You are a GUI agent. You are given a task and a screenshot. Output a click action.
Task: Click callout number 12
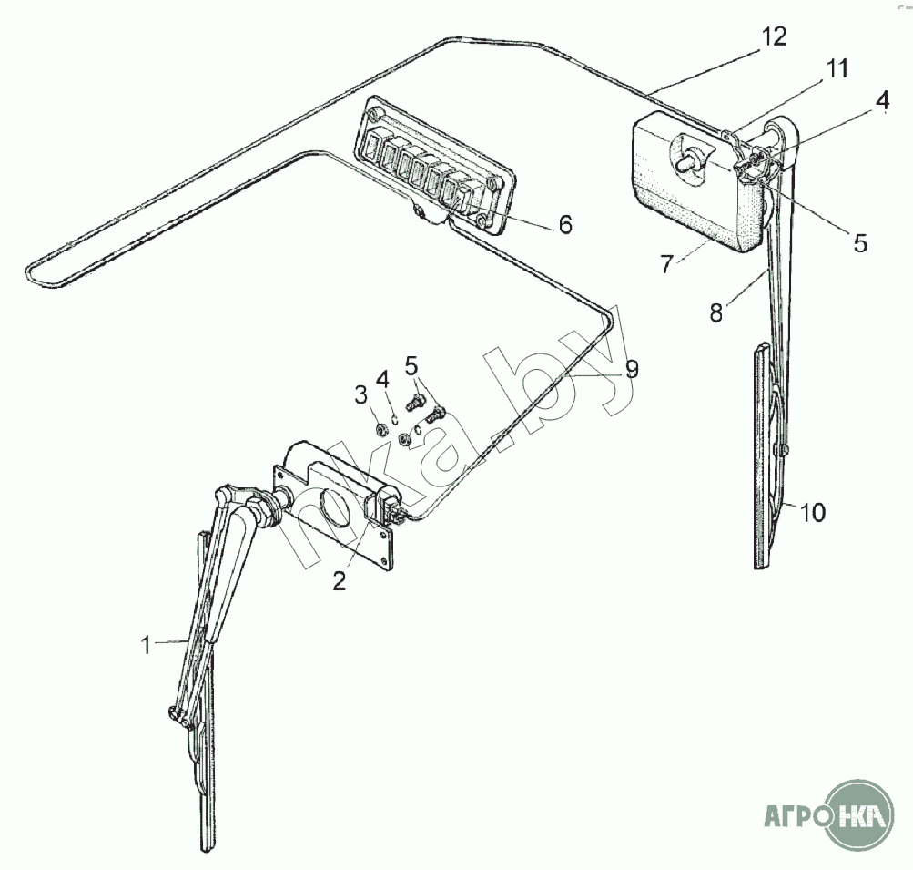pyautogui.click(x=773, y=37)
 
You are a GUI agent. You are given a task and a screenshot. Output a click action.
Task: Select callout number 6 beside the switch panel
pyautogui.click(x=564, y=224)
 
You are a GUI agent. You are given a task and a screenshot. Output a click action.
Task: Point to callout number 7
pyautogui.click(x=667, y=264)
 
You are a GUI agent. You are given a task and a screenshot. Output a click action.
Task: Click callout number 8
pyautogui.click(x=716, y=313)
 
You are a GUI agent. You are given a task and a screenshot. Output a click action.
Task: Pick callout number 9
pyautogui.click(x=631, y=369)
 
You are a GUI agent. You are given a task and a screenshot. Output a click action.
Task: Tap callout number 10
pyautogui.click(x=812, y=513)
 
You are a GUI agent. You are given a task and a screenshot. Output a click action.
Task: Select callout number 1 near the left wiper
pyautogui.click(x=147, y=645)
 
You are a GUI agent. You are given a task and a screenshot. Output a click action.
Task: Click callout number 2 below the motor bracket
pyautogui.click(x=339, y=581)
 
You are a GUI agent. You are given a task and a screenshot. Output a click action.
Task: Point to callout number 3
pyautogui.click(x=361, y=395)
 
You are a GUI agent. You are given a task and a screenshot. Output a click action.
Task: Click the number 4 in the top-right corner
pyautogui.click(x=883, y=100)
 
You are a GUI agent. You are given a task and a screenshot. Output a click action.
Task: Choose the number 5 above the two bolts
pyautogui.click(x=411, y=366)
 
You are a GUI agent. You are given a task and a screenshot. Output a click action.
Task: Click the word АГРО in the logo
pyautogui.click(x=796, y=816)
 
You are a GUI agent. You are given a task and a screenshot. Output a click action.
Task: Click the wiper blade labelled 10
pyautogui.click(x=762, y=457)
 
